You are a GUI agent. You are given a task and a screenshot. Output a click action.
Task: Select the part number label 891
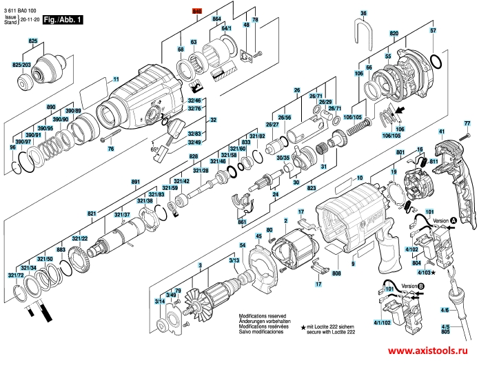(136, 182)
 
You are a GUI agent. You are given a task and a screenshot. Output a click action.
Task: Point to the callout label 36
(364, 13)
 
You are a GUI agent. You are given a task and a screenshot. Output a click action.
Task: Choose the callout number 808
(336, 255)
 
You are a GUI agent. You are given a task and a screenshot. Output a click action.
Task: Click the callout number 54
(242, 246)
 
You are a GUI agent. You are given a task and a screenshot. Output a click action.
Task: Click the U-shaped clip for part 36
(364, 32)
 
